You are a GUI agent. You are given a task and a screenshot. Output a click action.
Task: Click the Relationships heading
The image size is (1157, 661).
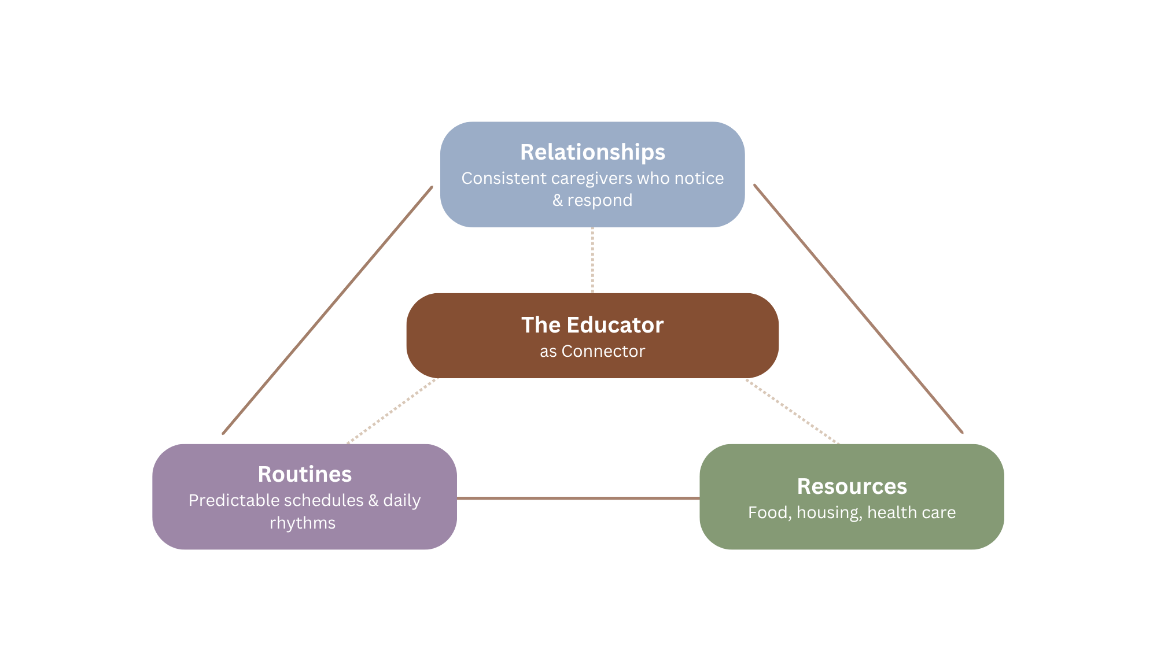click(592, 152)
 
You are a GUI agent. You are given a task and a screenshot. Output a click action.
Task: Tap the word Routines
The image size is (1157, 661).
click(304, 474)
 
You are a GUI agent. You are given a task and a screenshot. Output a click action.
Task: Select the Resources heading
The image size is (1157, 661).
click(852, 486)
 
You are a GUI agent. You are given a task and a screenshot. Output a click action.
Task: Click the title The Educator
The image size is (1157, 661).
click(592, 325)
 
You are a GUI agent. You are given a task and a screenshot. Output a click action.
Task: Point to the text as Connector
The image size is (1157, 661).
click(592, 351)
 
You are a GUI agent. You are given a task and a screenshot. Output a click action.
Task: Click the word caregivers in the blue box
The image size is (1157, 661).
click(591, 179)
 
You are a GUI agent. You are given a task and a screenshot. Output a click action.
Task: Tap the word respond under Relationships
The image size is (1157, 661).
click(600, 200)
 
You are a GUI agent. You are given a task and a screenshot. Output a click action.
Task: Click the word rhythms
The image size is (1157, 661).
click(303, 523)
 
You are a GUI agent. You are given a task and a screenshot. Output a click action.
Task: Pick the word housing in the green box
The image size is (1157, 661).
click(828, 512)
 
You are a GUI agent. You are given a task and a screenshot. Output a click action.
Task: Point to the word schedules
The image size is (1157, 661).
click(316, 500)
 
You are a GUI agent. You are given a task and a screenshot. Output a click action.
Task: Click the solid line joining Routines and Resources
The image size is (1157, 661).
click(578, 498)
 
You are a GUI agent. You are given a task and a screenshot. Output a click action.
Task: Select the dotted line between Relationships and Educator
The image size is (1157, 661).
click(592, 260)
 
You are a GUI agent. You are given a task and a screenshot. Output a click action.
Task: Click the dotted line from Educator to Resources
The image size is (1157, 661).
click(792, 411)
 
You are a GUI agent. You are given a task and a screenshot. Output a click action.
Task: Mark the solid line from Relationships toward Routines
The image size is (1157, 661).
click(327, 310)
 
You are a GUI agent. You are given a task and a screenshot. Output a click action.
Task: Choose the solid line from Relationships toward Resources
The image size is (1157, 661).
click(858, 309)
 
